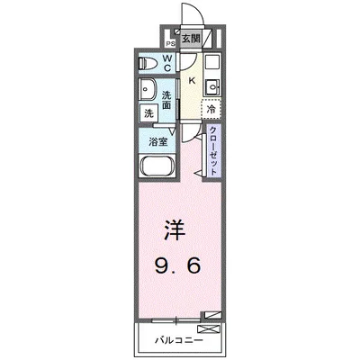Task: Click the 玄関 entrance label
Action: [x=190, y=39]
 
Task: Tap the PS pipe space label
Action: [x=169, y=42]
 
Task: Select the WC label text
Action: [x=167, y=65]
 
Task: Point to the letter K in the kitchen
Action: [x=191, y=79]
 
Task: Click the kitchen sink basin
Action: [x=212, y=87]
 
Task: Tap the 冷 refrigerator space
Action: [x=211, y=109]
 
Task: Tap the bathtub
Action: [x=159, y=168]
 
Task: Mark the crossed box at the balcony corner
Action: [x=211, y=315]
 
